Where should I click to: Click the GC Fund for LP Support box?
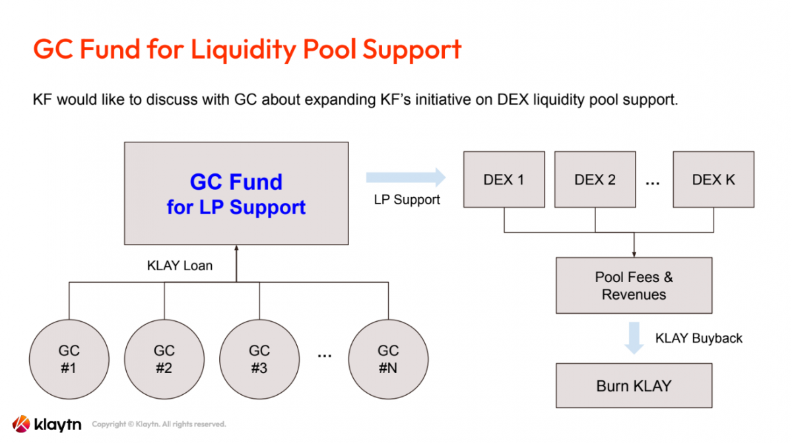pyautogui.click(x=236, y=194)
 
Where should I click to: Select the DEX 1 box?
pyautogui.click(x=504, y=179)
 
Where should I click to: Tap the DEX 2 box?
pyautogui.click(x=595, y=179)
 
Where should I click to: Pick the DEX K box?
pyautogui.click(x=713, y=179)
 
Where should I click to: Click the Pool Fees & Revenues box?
pyautogui.click(x=634, y=285)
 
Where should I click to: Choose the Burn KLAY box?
pyautogui.click(x=634, y=386)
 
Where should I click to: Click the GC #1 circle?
pyautogui.click(x=69, y=359)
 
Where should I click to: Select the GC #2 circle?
pyautogui.click(x=164, y=359)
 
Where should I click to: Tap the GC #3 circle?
pyautogui.click(x=259, y=359)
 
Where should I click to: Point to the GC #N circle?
pyautogui.click(x=388, y=359)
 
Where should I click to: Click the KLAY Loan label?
pyautogui.click(x=180, y=266)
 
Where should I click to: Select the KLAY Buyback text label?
pyautogui.click(x=698, y=338)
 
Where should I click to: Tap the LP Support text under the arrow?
pyautogui.click(x=407, y=200)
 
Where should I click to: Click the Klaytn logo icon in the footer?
pyautogui.click(x=21, y=424)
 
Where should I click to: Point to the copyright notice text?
pyautogui.click(x=158, y=424)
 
